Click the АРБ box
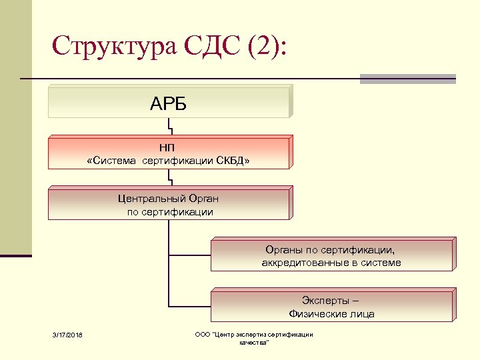(x=169, y=103)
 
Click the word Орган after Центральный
(x=203, y=198)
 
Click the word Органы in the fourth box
(x=283, y=250)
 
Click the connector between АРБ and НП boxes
(x=171, y=127)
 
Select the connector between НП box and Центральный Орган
(x=171, y=177)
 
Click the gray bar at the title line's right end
(x=407, y=79)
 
